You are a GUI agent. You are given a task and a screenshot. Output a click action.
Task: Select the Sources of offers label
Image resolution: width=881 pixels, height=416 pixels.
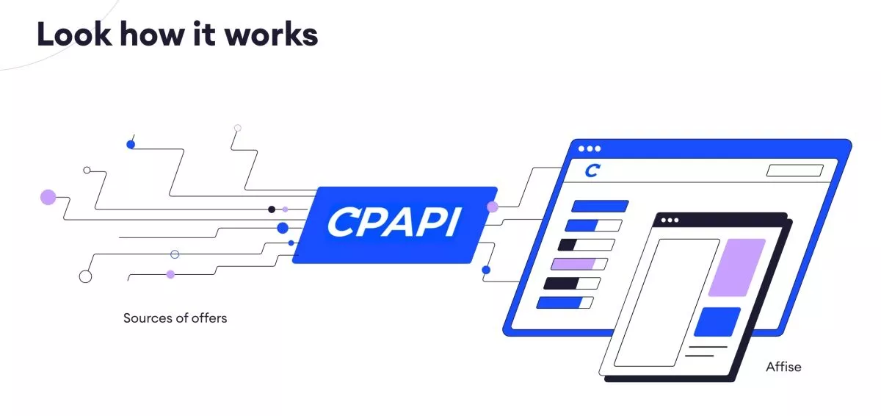[175, 318]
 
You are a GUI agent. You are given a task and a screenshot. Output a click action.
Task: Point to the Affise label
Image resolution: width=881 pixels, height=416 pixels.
[783, 366]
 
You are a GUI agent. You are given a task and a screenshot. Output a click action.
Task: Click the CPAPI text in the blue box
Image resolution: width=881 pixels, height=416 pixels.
[394, 223]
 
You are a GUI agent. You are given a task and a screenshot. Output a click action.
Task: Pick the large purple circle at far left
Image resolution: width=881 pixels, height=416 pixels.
[48, 197]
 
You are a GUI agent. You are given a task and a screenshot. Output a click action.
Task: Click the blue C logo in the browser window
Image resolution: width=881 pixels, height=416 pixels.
[592, 171]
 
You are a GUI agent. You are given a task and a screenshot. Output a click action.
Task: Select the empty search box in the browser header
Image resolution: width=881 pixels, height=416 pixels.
[794, 171]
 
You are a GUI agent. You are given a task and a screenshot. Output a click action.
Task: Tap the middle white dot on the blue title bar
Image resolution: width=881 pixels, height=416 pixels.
[589, 148]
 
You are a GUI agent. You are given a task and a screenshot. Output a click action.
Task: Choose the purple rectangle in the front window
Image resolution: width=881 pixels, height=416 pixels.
[736, 268]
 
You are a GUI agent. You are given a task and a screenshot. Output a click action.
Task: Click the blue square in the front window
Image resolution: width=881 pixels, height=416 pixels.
[717, 322]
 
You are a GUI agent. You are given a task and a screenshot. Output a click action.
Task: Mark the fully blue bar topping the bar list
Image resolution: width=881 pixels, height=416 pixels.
[600, 207]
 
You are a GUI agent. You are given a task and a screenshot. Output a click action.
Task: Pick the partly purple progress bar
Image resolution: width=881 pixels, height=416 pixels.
[579, 264]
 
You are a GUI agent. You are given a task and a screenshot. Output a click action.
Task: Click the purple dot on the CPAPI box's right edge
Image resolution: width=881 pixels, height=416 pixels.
[493, 207]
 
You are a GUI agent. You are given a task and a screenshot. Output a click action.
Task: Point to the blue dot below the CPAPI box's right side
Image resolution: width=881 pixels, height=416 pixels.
[485, 270]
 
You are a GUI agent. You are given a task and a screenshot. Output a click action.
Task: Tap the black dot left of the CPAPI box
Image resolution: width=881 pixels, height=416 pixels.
[272, 209]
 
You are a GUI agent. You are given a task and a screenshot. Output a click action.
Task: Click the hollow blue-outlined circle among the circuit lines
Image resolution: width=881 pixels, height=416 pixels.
[175, 254]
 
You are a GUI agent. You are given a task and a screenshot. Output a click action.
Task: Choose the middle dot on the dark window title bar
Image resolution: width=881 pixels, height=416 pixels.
[670, 220]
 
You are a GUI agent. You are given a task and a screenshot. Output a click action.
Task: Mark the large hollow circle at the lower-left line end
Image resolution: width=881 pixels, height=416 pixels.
[85, 276]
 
